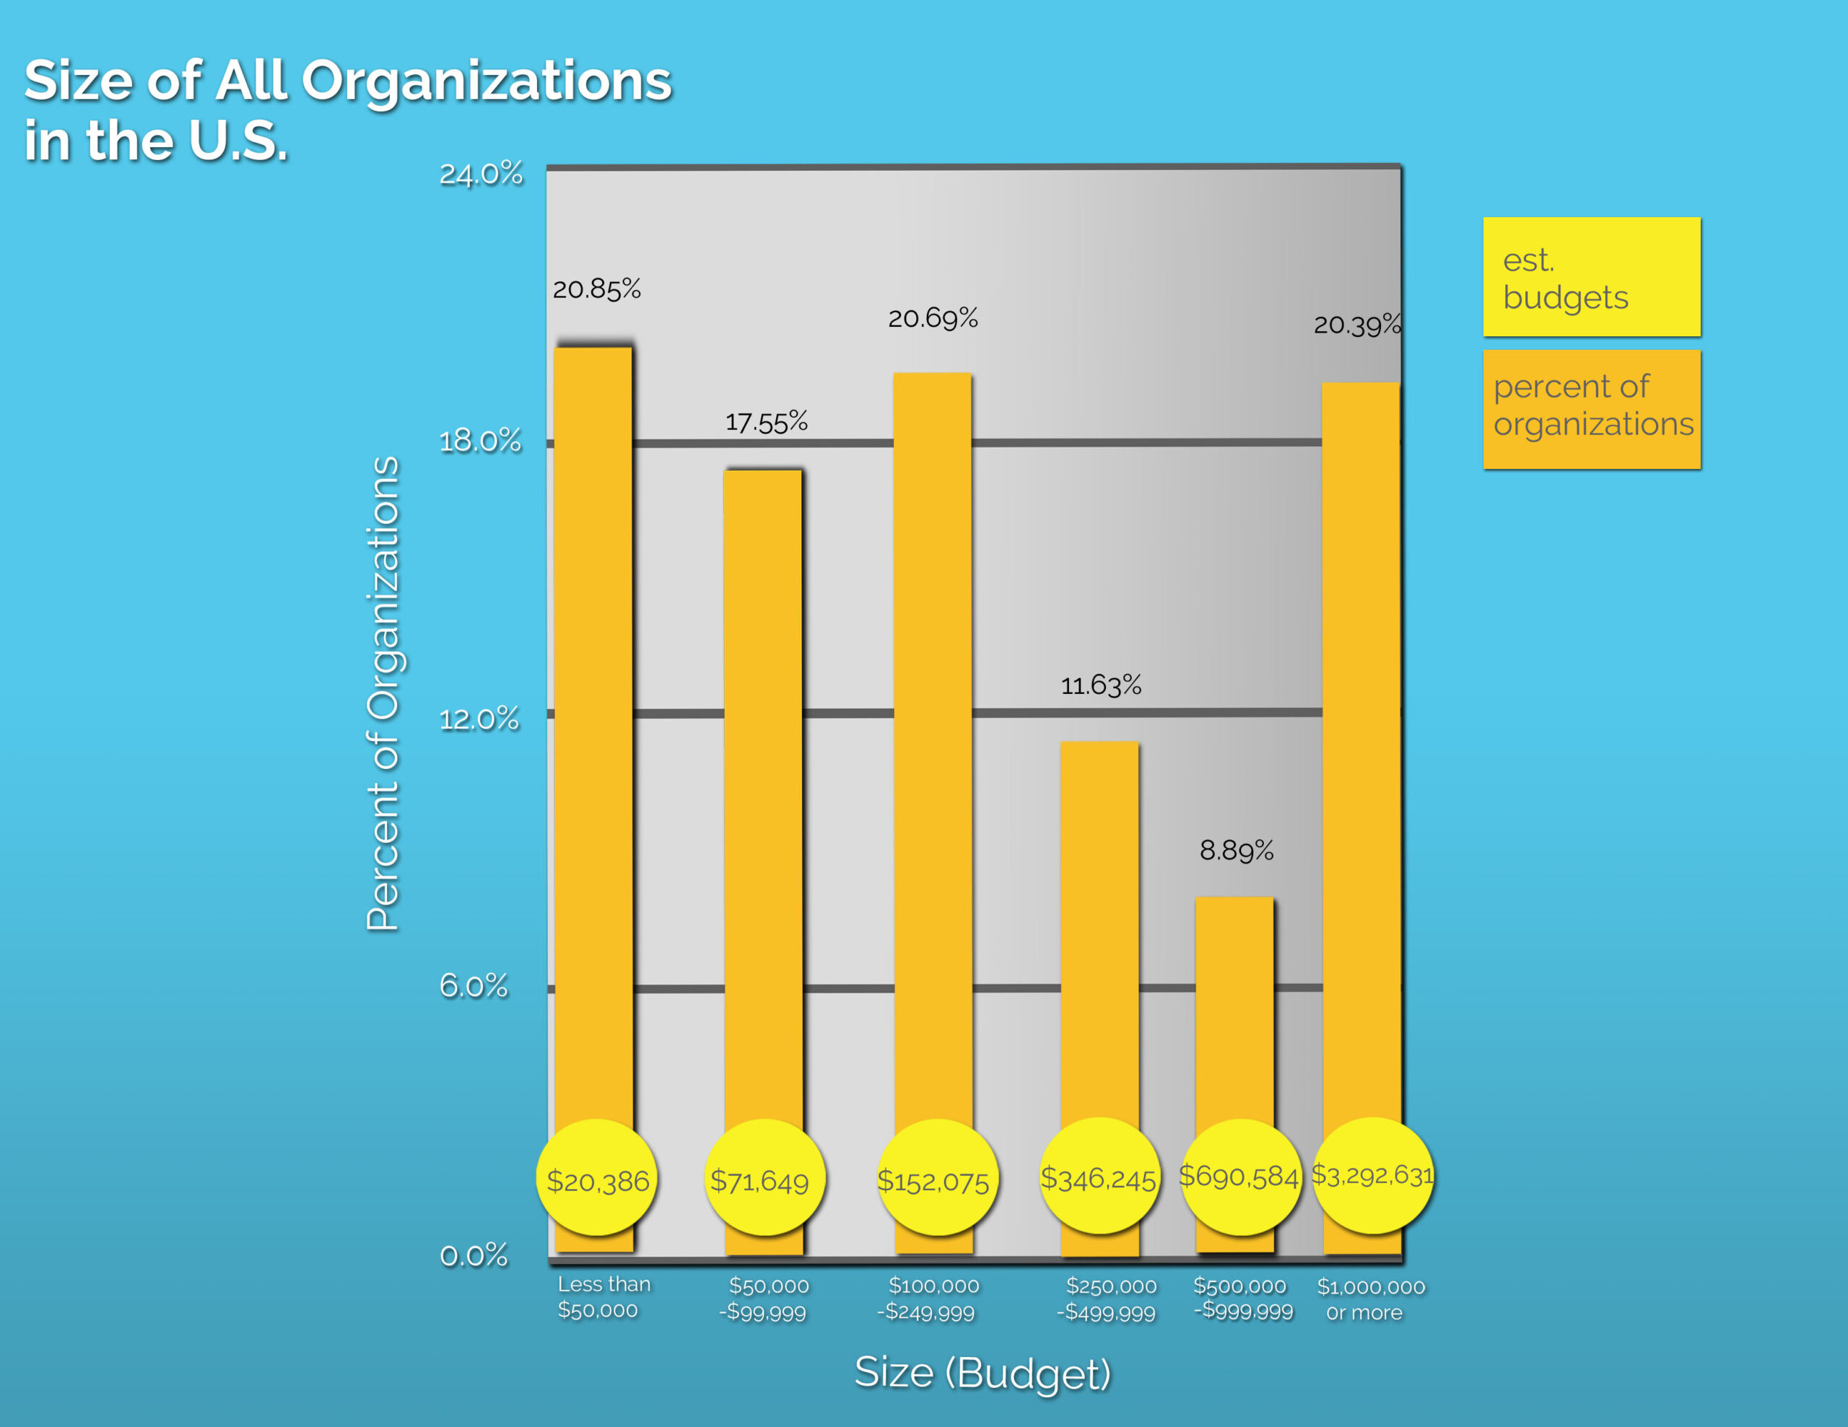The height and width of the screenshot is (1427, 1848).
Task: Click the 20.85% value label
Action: coord(596,289)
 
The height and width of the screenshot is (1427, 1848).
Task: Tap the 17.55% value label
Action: coord(766,421)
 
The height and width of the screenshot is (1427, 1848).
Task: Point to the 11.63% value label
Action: coord(1101,685)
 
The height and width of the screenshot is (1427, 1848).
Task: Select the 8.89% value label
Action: coord(1237,850)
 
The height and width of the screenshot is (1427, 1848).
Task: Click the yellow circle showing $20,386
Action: coord(598,1178)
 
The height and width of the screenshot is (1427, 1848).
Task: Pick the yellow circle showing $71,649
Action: coord(763,1178)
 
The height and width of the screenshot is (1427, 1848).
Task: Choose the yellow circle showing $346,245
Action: coord(1098,1177)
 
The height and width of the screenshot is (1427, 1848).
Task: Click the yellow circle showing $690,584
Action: coord(1239,1176)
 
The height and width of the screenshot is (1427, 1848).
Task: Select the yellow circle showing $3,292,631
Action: coord(1372,1175)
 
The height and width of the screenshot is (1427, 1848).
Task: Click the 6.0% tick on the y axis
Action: coord(473,985)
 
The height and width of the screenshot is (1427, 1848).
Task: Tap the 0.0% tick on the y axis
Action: coord(473,1255)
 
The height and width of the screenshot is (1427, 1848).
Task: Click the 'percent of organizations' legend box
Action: coord(1591,409)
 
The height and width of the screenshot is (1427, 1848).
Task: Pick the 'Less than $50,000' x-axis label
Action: coord(603,1296)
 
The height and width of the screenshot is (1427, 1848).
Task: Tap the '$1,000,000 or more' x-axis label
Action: coord(1370,1299)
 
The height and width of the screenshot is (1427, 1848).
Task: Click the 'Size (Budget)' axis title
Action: coord(982,1372)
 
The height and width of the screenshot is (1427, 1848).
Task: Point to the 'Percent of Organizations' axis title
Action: coord(383,693)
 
